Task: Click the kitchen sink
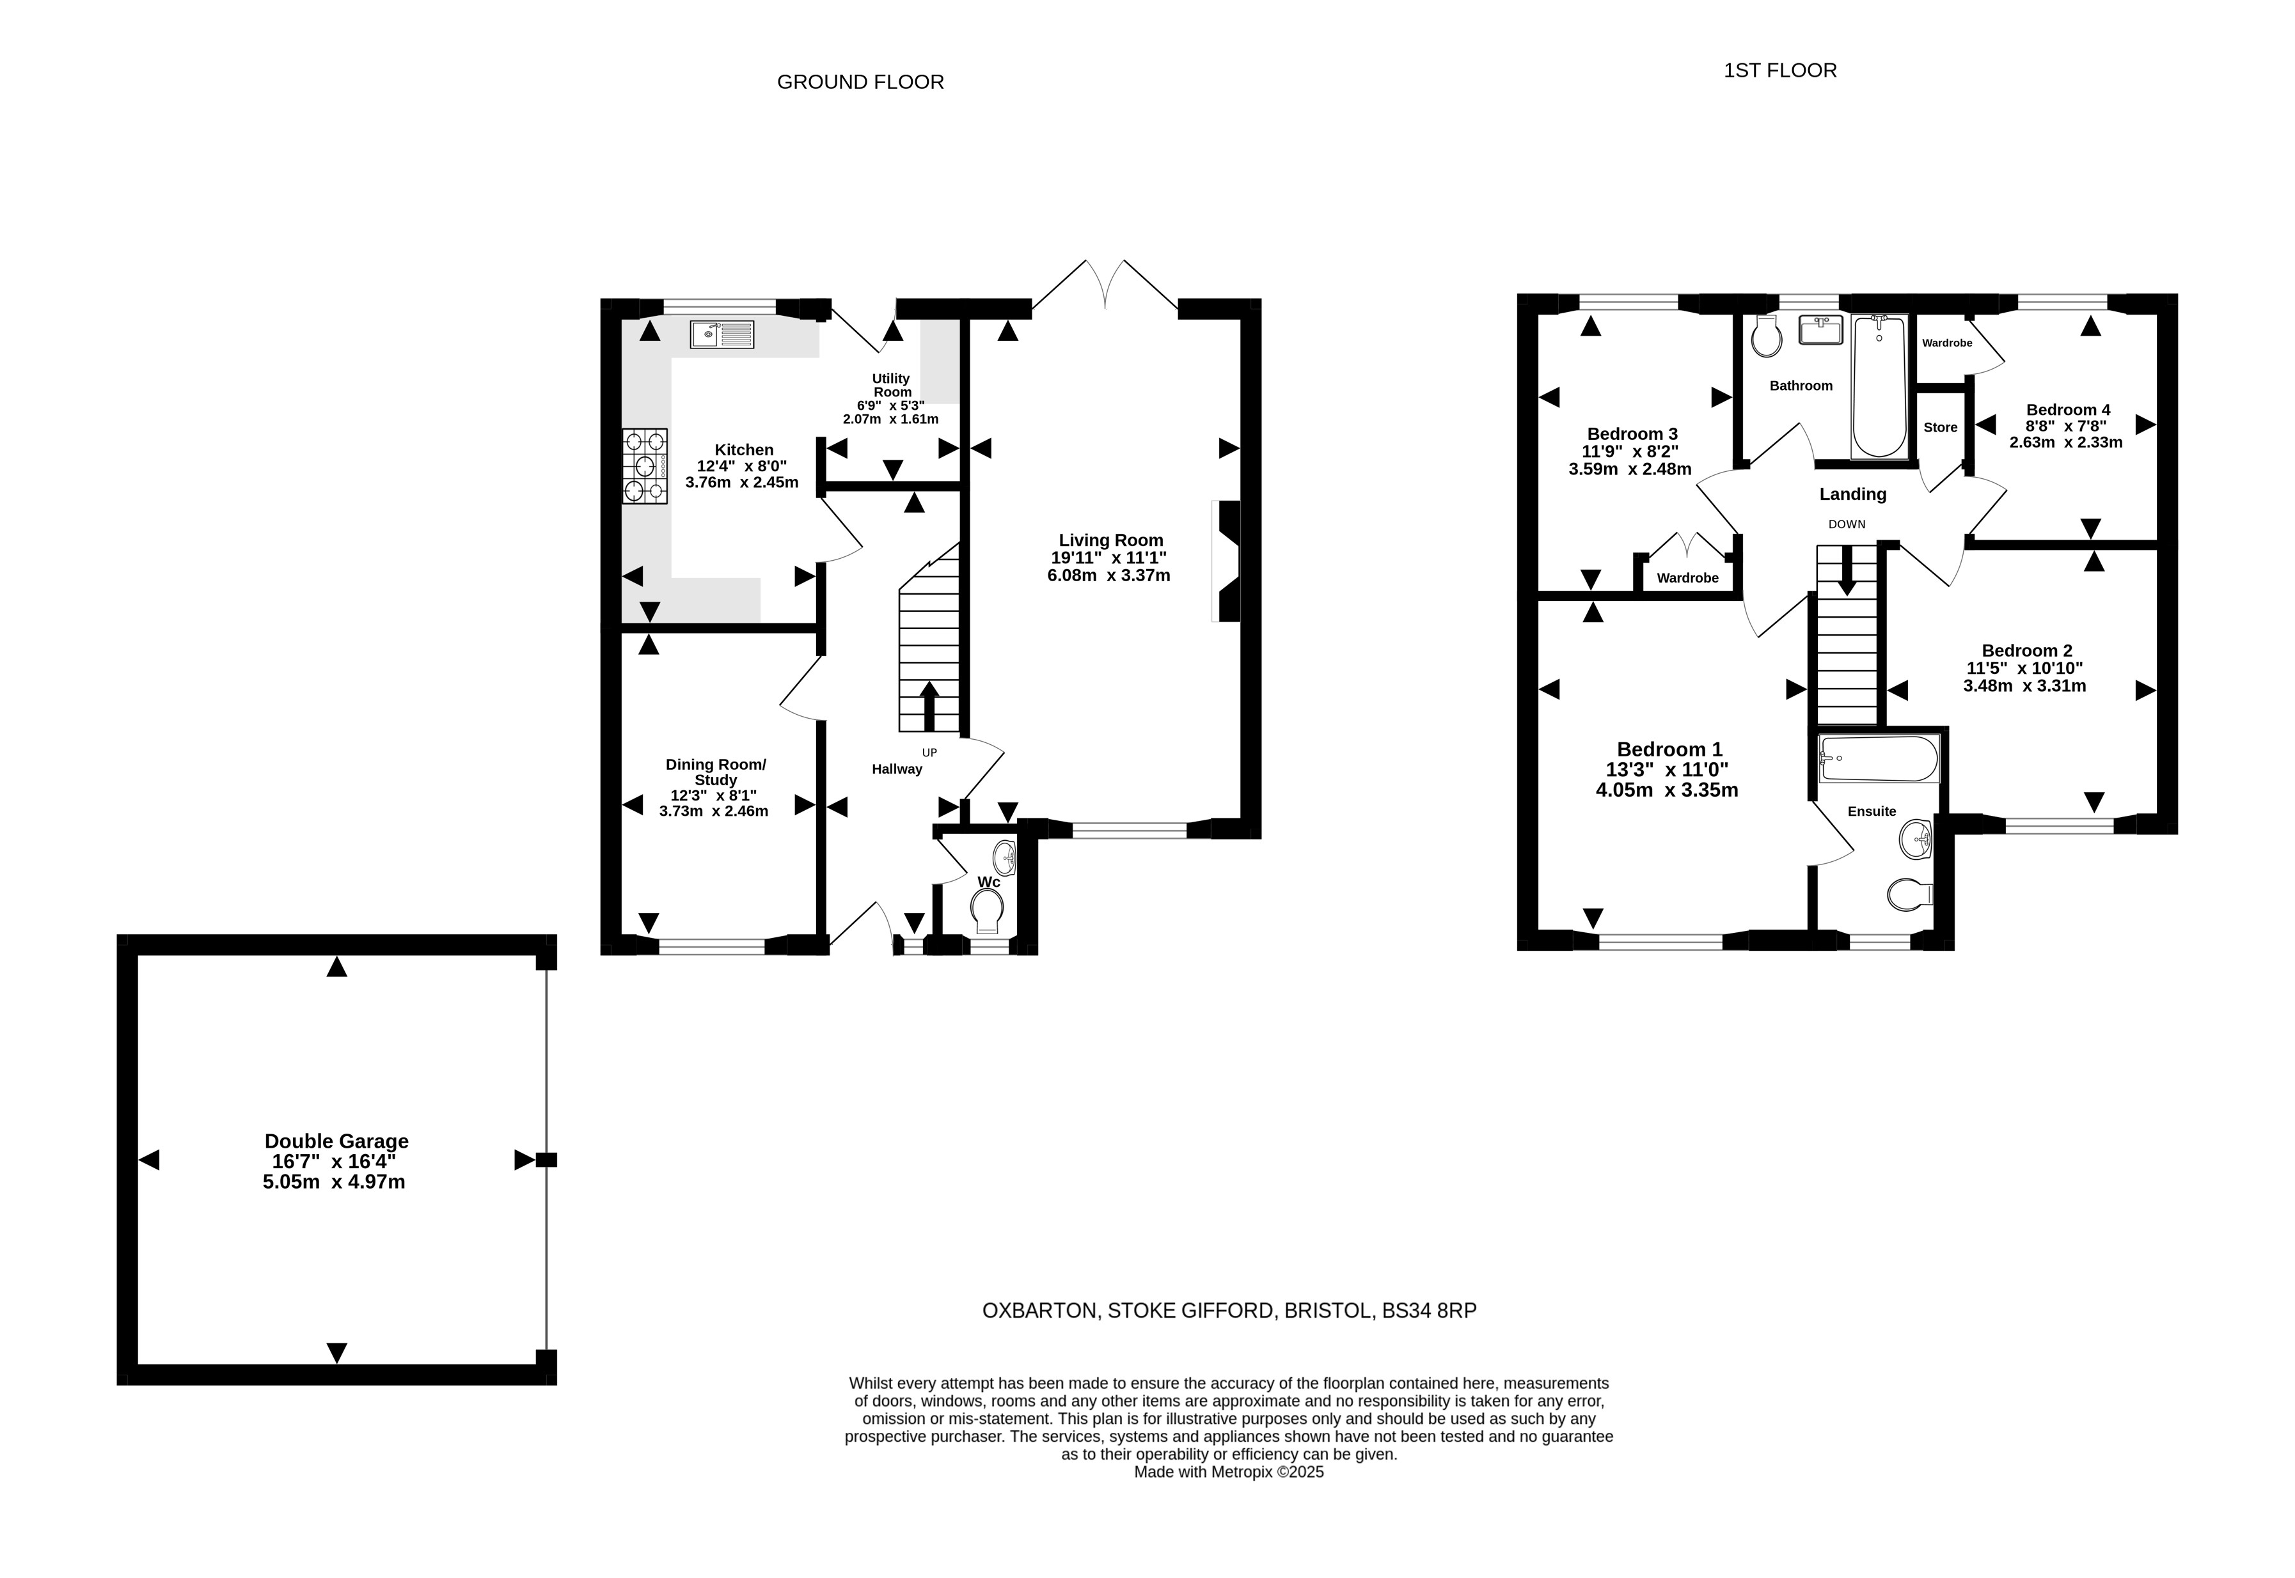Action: coord(722,334)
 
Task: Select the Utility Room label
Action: coord(891,386)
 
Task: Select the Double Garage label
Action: coord(336,1141)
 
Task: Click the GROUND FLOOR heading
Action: coord(860,82)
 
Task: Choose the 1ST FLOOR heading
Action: coord(1780,70)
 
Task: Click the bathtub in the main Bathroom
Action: coord(1879,387)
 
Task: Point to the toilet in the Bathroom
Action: coord(1766,336)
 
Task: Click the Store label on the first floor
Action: coord(1940,427)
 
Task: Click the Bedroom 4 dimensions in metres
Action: coord(2065,442)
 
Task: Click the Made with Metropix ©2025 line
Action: coord(1228,1473)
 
